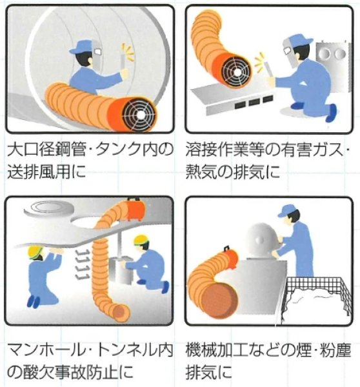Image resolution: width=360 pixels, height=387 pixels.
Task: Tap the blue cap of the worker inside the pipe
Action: coord(82,46)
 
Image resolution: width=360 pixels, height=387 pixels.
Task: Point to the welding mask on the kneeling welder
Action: coord(292,48)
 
